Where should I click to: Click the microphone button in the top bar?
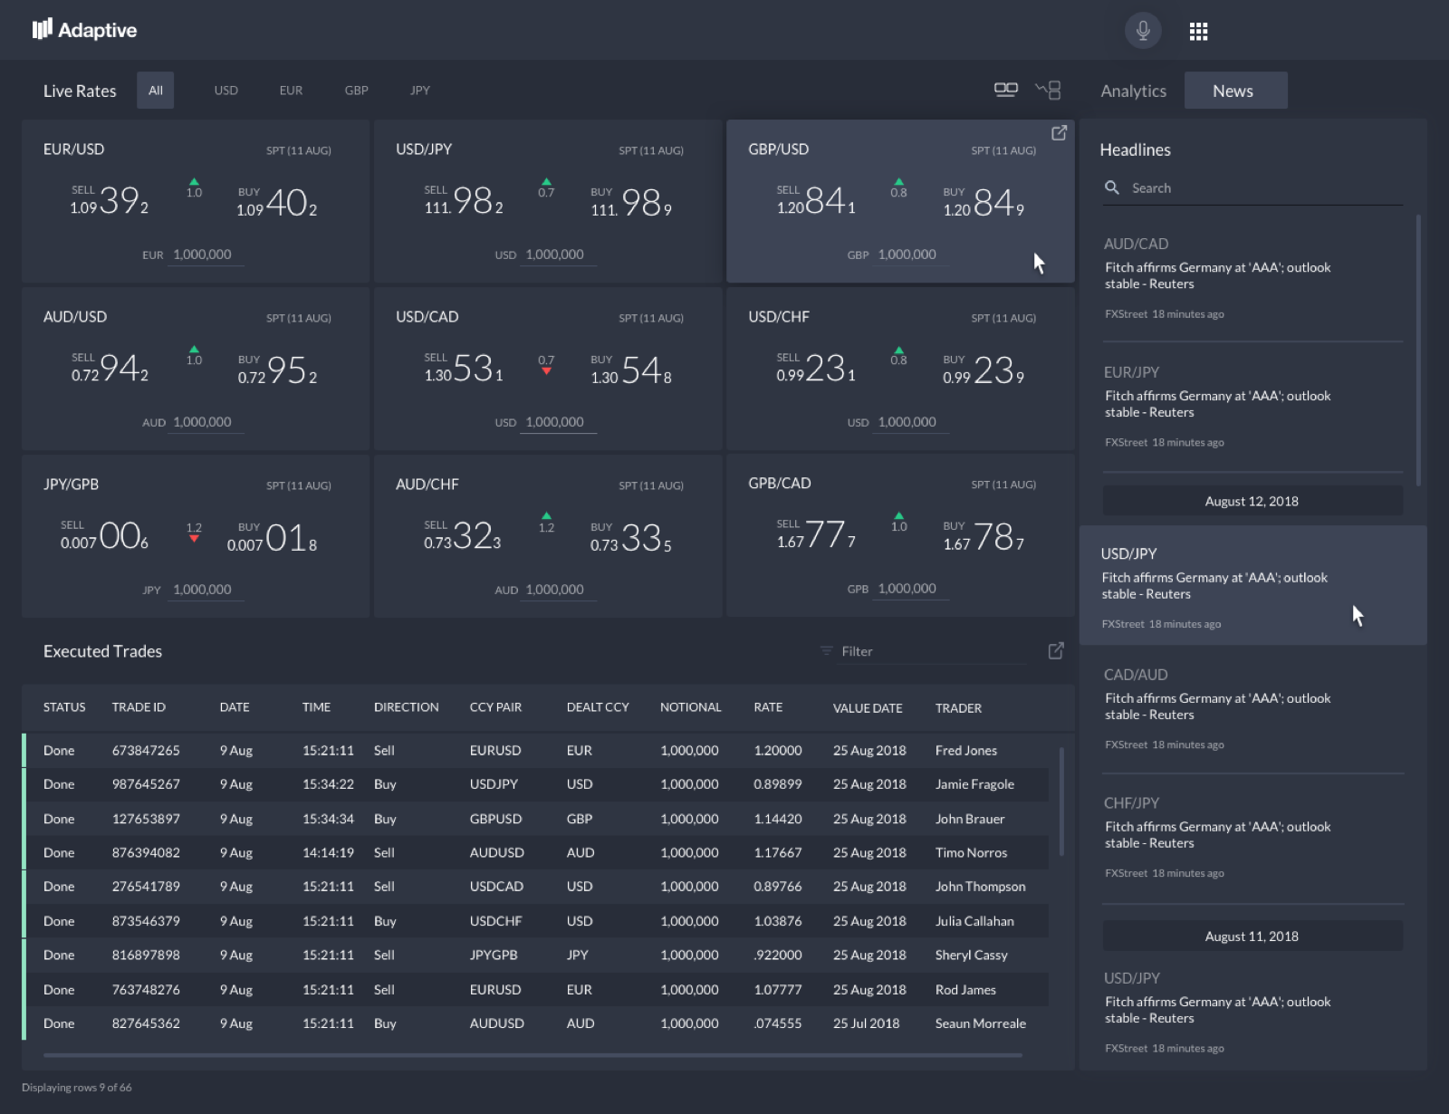point(1143,31)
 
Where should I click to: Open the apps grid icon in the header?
point(1198,32)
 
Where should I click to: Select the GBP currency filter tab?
point(356,91)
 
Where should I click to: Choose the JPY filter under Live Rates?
point(419,91)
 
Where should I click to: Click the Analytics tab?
point(1133,91)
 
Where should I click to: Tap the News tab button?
point(1234,91)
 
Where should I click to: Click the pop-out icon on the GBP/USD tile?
point(1059,133)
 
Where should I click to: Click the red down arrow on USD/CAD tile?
point(546,370)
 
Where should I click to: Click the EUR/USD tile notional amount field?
point(203,254)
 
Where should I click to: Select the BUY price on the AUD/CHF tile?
point(632,538)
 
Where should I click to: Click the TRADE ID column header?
point(139,707)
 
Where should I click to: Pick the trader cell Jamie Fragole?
point(974,784)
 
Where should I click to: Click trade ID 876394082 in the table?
point(146,852)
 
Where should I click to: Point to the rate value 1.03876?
point(777,921)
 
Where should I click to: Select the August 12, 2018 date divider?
point(1252,501)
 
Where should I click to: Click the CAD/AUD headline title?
point(1136,675)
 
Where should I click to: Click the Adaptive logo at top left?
point(84,30)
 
